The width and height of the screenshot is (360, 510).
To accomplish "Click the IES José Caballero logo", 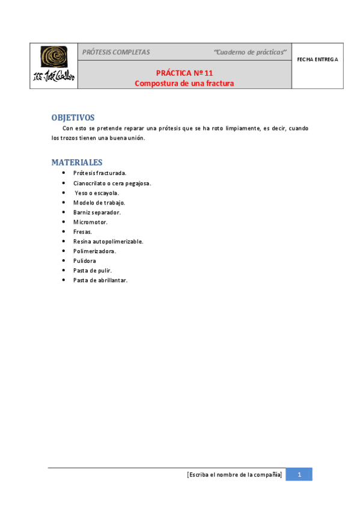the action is coord(54,66).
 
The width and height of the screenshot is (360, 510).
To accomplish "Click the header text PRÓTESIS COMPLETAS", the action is coord(116,52).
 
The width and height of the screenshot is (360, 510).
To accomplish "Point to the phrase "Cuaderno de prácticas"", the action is coord(250,52).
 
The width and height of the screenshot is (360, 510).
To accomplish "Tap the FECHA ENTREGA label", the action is coord(318,60).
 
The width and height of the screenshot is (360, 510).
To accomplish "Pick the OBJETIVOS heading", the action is coord(73,117).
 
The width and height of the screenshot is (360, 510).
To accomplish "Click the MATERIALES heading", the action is coord(77,162).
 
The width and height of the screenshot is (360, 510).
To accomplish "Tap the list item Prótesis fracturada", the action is coord(100,173).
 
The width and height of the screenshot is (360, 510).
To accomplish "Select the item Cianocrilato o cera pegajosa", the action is coord(112,183).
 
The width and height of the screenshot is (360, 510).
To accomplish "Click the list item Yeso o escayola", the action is coord(97,192).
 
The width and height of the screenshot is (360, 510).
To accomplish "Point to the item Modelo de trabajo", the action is coord(99,203).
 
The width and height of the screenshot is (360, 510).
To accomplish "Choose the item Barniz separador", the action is coord(97,212).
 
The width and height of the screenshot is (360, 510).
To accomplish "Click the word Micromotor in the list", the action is coord(90,222).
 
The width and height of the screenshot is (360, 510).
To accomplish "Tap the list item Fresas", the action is coord(82,232).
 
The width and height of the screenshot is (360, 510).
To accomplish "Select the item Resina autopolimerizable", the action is coord(108,241).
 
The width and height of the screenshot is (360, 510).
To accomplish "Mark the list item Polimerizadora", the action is coord(94,251).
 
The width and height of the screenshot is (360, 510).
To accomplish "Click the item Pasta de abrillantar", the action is coord(100,280).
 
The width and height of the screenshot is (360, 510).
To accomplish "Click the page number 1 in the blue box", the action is coord(299,475).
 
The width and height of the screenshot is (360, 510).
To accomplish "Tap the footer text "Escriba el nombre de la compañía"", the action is coord(234,475).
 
